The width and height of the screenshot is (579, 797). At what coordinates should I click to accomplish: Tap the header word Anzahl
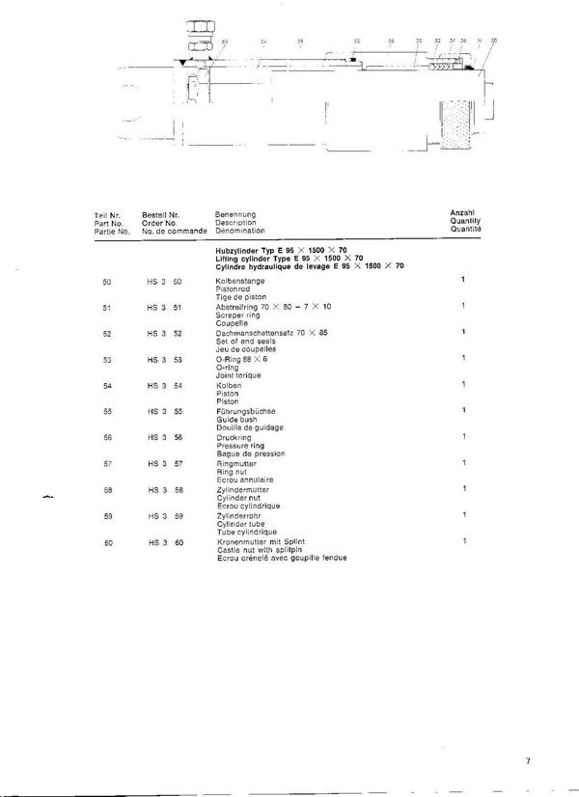463,210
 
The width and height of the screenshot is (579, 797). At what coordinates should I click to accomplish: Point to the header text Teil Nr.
106,213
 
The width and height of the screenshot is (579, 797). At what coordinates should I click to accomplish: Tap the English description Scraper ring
235,314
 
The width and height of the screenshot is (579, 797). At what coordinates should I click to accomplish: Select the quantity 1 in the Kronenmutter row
463,541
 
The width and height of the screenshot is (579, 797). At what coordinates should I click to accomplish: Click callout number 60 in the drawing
225,42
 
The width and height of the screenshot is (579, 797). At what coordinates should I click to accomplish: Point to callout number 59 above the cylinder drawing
300,42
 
